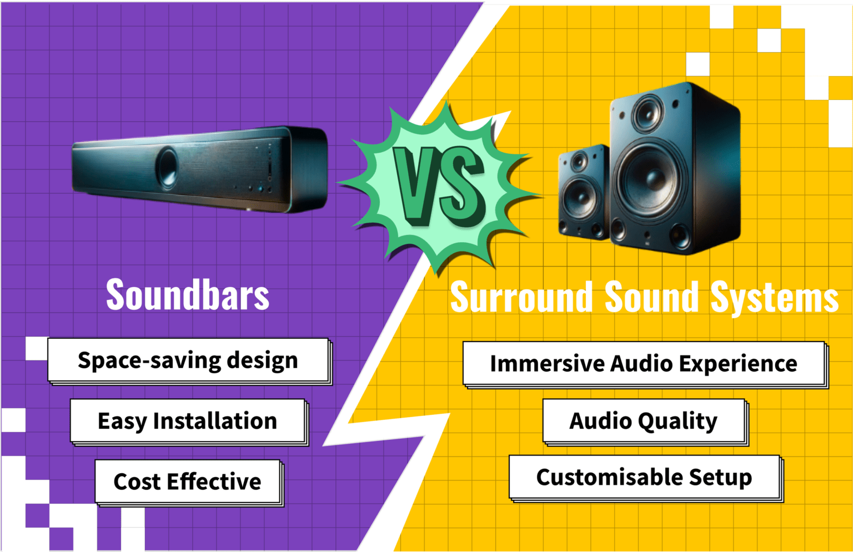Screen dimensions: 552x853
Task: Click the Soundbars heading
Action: point(188,295)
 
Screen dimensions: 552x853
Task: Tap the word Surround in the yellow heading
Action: point(521,298)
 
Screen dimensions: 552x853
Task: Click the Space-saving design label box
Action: point(188,360)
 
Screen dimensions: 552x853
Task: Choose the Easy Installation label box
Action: point(188,421)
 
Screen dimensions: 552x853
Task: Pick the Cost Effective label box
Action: point(188,481)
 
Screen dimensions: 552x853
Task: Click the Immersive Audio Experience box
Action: point(644,364)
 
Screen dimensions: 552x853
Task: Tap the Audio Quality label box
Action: point(644,421)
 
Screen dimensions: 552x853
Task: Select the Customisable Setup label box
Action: point(644,477)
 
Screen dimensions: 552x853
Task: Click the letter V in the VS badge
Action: point(415,186)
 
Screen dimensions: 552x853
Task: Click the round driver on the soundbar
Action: point(167,165)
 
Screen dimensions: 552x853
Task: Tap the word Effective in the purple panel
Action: point(214,481)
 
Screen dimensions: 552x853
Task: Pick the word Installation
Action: point(215,421)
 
